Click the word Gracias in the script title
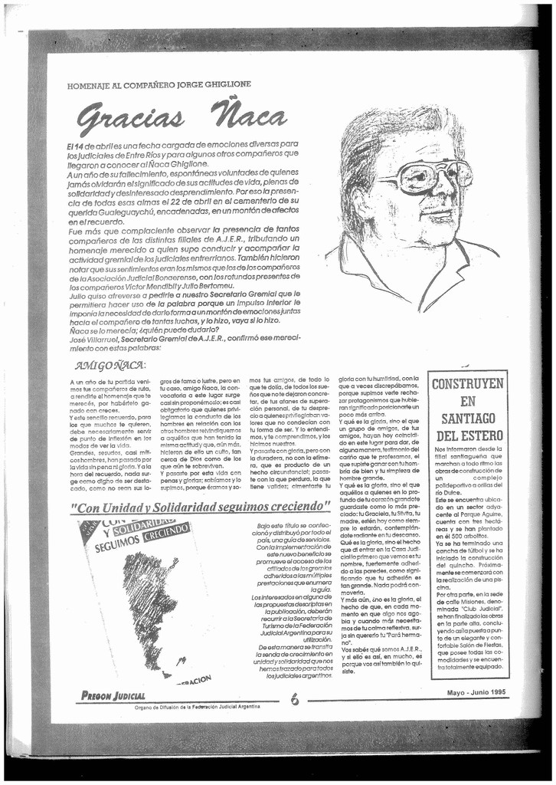(130, 117)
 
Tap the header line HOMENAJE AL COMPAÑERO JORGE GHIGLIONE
(159, 84)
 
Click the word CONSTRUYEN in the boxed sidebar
(468, 383)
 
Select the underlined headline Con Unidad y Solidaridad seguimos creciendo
(200, 507)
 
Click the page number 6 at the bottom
(295, 699)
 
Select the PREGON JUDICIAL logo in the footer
(113, 695)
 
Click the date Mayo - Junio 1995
(476, 692)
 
